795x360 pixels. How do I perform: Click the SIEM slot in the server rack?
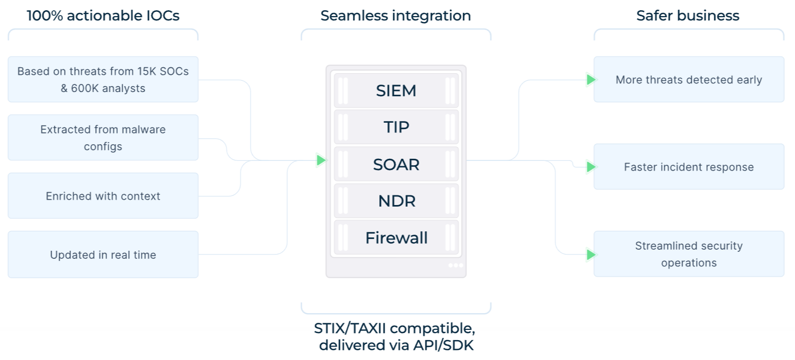pos(396,90)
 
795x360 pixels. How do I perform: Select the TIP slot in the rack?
pos(396,127)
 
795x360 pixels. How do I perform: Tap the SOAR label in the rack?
pos(396,164)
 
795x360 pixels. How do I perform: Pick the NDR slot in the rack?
pos(396,201)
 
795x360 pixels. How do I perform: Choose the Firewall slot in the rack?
pos(396,237)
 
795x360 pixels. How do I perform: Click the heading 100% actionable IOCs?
pos(103,16)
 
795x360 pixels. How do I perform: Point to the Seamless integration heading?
pos(396,16)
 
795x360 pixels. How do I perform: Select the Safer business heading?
pos(688,16)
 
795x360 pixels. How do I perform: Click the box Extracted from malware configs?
pos(103,138)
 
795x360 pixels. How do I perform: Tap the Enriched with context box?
pos(103,196)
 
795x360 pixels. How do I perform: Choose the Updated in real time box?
pos(103,255)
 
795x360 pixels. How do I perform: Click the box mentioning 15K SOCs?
pos(103,79)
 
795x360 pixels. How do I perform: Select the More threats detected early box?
pos(688,80)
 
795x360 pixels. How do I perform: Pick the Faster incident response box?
pos(688,167)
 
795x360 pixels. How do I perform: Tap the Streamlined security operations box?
pos(688,254)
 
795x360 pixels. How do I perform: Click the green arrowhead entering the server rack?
pos(321,160)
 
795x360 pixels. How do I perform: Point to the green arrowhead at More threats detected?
pos(591,80)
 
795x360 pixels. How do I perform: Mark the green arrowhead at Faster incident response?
pos(591,167)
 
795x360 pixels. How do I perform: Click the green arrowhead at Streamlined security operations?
pos(591,254)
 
